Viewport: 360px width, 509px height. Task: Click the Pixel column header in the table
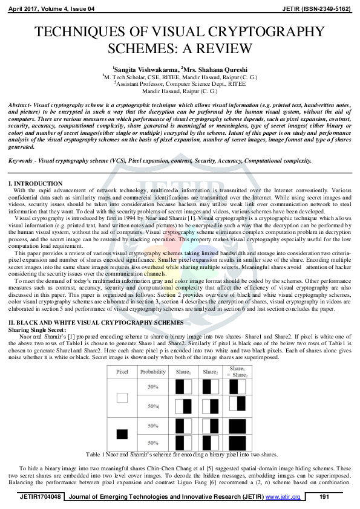tap(122, 372)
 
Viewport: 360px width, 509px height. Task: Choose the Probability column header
tap(153, 372)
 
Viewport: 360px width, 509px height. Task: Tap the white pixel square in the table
tap(122, 398)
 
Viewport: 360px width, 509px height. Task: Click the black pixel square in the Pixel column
tap(122, 433)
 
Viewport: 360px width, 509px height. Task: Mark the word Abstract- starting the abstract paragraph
tap(22, 105)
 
